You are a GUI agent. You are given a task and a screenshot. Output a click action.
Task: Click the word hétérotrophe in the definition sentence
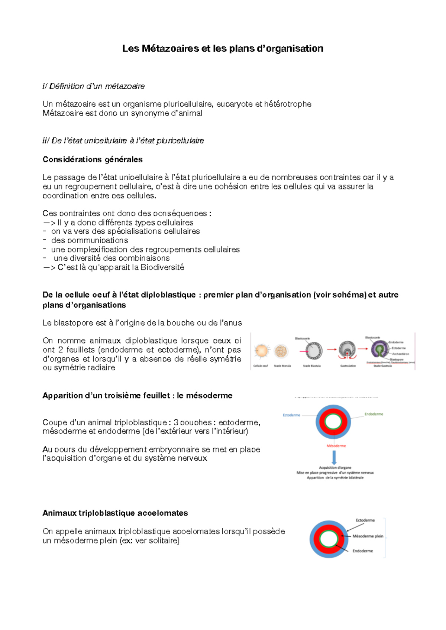tap(288, 104)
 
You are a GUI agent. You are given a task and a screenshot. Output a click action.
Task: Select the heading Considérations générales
tap(93, 160)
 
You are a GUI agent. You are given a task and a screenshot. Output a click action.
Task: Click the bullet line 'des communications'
tap(90, 241)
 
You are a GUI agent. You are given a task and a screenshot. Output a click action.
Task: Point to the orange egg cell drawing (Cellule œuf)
tap(261, 351)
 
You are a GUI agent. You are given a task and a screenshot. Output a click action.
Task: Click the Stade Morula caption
tap(282, 366)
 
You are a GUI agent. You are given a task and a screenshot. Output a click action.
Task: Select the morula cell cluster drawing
tap(281, 351)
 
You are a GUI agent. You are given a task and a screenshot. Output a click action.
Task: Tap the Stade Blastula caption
tap(311, 366)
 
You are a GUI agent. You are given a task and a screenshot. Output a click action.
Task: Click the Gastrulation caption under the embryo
tap(348, 366)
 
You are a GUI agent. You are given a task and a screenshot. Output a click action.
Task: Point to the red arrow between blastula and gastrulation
tap(332, 350)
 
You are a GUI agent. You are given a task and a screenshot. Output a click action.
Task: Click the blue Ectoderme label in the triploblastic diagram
tap(291, 415)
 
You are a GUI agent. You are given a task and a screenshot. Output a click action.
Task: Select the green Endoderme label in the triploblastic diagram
tap(374, 414)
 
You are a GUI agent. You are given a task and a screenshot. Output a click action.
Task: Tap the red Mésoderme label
tap(336, 446)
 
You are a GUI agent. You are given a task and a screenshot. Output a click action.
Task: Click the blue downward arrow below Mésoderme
tap(334, 457)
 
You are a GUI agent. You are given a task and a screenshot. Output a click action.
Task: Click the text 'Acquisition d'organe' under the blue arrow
tap(335, 468)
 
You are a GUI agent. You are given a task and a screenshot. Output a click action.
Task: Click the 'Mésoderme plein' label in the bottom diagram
tap(368, 536)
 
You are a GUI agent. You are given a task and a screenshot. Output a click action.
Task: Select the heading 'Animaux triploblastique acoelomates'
tap(115, 513)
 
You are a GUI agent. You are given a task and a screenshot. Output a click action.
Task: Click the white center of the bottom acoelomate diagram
tap(328, 539)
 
